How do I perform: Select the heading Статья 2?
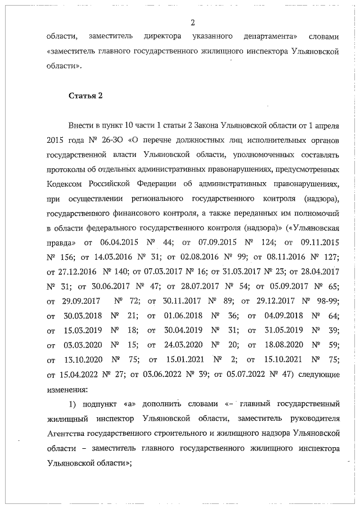click(x=85, y=95)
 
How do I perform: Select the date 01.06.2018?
click(x=183, y=316)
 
